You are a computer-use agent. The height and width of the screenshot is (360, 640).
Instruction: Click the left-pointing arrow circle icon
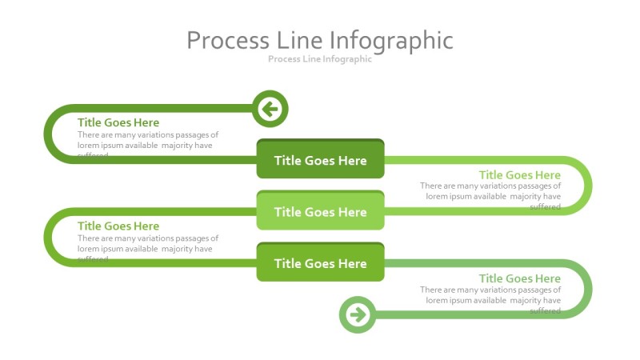[270, 109]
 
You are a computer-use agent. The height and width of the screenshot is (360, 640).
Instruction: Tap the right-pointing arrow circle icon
[358, 314]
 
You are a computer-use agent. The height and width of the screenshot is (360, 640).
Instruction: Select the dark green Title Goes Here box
[320, 160]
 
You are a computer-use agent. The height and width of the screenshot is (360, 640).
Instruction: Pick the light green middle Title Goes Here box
[320, 212]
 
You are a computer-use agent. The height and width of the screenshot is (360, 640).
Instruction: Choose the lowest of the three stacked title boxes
[320, 263]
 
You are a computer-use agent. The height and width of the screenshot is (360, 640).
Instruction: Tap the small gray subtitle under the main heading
[320, 59]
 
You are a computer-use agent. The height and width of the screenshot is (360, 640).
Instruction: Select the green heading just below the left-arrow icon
[118, 122]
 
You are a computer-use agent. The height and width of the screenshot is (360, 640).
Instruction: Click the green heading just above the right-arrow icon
[520, 278]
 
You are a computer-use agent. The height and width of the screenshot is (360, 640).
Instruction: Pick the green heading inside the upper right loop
[520, 175]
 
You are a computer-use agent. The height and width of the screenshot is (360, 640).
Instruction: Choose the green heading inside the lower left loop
[118, 226]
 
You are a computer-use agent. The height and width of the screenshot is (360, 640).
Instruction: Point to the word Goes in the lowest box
[319, 263]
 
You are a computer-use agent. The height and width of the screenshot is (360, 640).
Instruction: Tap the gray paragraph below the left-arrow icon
[147, 145]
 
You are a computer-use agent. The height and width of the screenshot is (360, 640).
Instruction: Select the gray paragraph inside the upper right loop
[491, 196]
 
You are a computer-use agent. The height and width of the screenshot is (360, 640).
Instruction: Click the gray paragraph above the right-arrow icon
[491, 300]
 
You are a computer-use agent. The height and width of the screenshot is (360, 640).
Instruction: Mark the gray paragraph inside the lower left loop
[147, 248]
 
